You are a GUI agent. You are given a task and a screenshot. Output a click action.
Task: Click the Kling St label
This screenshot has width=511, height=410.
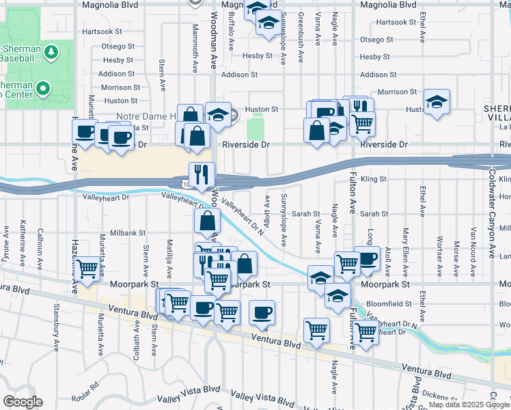tap(374, 179)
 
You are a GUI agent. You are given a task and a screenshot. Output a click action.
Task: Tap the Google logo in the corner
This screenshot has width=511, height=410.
tap(23, 402)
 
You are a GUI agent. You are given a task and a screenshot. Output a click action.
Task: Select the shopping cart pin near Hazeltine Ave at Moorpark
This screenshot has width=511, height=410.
tap(87, 269)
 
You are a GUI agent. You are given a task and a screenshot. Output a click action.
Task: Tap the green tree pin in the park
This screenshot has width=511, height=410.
tap(51, 52)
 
